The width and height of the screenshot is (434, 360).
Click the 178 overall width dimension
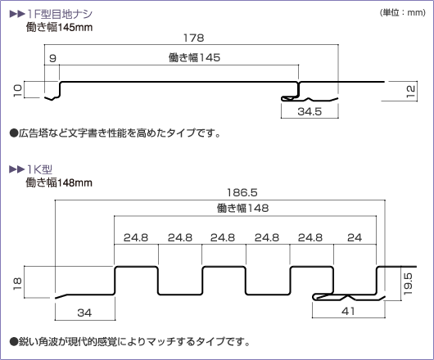(194, 38)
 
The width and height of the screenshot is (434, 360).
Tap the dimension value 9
(52, 58)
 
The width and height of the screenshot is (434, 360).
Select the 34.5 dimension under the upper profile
(310, 112)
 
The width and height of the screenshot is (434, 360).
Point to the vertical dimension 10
(17, 90)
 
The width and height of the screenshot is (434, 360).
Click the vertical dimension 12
(410, 92)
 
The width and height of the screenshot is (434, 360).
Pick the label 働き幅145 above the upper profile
(194, 57)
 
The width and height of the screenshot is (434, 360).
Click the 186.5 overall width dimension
(242, 192)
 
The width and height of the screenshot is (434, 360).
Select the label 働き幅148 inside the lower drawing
(242, 208)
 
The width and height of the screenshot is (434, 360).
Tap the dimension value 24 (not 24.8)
(355, 237)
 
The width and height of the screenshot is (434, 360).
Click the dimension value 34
(84, 313)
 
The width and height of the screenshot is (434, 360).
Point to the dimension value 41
(348, 312)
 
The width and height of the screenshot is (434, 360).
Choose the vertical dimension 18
(17, 284)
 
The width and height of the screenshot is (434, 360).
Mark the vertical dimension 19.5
(408, 284)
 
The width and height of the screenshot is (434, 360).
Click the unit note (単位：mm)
(402, 13)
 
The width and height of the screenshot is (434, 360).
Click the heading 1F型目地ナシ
(60, 14)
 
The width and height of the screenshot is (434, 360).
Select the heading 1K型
(39, 169)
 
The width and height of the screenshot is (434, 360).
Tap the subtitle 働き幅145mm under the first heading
(59, 27)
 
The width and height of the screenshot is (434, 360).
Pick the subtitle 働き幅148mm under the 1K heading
(59, 182)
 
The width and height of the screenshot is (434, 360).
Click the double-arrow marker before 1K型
(17, 169)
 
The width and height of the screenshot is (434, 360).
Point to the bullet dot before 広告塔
(13, 133)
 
